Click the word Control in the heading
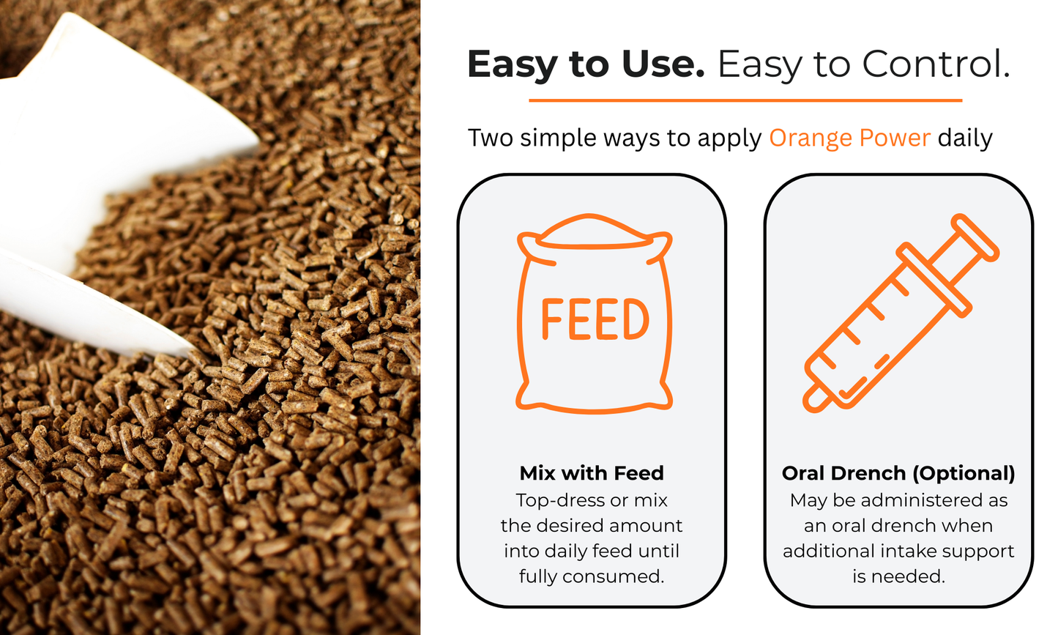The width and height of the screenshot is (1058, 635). pos(936,64)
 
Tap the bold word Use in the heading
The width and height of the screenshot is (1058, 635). pos(662,64)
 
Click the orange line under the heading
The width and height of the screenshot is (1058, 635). pos(745,100)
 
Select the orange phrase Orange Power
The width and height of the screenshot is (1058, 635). pos(849,138)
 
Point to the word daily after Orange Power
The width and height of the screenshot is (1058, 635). pos(965,138)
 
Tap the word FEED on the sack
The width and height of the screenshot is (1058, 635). pos(595,320)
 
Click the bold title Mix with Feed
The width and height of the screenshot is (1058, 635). pos(592,473)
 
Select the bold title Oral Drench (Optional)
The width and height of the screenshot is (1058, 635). pos(898,473)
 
